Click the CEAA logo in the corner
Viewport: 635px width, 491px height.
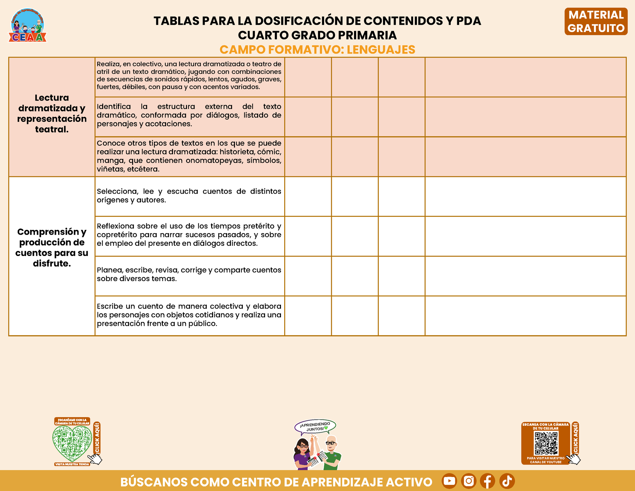coord(27,25)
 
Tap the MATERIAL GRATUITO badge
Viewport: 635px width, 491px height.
coord(596,22)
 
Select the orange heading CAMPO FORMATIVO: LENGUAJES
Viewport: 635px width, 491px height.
coord(317,50)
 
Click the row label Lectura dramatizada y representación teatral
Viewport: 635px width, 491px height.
coord(52,114)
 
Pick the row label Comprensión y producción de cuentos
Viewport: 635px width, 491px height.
coord(52,247)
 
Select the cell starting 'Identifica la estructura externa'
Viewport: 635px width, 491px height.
coord(189,115)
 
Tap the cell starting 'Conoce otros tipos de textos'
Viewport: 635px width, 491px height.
coord(189,156)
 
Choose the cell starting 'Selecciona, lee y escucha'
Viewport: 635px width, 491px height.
coord(189,196)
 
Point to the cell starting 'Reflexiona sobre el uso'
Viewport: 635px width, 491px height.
coord(189,235)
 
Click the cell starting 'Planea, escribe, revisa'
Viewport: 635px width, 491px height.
coord(189,274)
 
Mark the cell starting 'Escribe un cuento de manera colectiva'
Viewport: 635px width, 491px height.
coord(189,315)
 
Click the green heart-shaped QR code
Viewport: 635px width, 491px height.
coord(72,443)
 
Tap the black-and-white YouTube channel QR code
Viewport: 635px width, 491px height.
coord(546,443)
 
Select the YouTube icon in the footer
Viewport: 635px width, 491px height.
coord(449,481)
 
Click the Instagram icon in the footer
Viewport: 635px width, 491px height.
coord(469,481)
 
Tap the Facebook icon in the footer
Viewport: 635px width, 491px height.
coord(488,481)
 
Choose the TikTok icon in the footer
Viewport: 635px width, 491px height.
coord(507,481)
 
